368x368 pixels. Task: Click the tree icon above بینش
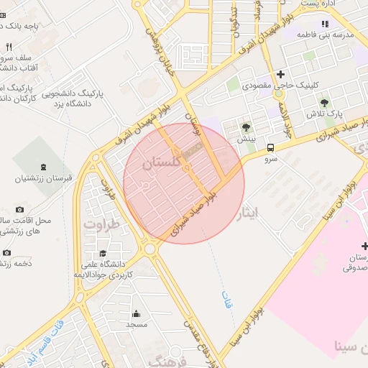[247, 126]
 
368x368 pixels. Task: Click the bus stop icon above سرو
[270, 147]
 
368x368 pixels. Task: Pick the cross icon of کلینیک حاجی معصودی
[280, 75]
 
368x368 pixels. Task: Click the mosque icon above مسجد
[136, 313]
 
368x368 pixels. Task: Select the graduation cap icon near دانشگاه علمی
[103, 254]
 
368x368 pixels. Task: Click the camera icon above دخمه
[6, 252]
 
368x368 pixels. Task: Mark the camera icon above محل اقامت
[19, 208]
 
